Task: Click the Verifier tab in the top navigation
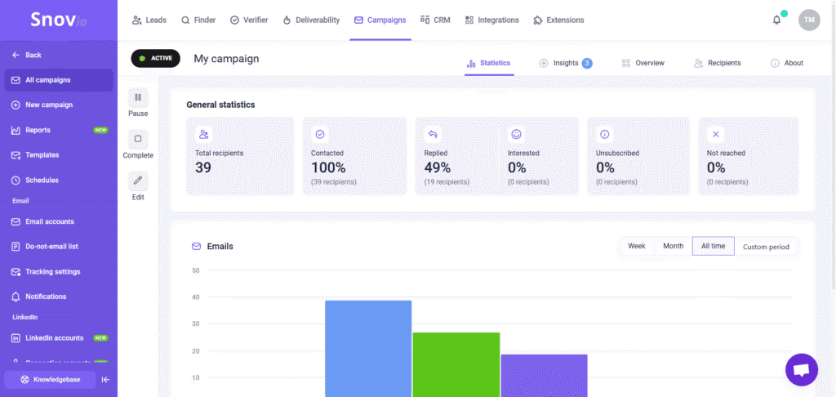point(248,20)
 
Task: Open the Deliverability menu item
point(311,20)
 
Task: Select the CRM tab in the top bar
point(435,20)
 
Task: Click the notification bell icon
point(776,20)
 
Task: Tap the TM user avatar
point(808,20)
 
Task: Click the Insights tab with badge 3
point(565,63)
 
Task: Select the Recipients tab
point(718,63)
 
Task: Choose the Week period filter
point(636,246)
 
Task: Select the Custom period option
point(766,247)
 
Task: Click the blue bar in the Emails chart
point(368,348)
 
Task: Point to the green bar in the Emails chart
point(456,364)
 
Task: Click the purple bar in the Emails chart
point(544,375)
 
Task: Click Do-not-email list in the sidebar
point(51,247)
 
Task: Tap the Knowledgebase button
point(51,379)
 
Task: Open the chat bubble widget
point(801,370)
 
